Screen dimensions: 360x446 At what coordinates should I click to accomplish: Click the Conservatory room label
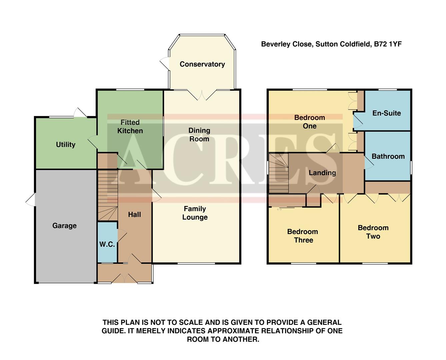202,64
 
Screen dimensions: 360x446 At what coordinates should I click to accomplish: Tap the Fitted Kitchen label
130,127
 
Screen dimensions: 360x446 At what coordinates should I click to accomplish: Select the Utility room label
65,144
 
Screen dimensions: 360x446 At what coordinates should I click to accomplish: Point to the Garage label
64,226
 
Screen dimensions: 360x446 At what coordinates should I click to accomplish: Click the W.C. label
107,244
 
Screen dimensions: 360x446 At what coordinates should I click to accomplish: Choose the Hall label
134,215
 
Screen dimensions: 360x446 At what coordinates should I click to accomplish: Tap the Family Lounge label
195,213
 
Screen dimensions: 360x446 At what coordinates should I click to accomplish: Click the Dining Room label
199,135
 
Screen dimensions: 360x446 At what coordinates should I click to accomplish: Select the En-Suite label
386,113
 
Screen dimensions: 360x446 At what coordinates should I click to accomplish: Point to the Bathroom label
388,156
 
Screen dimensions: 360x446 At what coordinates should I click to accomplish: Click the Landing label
322,173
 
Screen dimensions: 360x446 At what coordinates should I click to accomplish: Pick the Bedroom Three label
303,236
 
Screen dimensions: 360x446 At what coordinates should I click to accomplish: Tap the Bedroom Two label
373,232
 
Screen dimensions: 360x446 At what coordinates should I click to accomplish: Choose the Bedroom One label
309,122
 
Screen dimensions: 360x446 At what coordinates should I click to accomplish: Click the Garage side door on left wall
31,200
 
